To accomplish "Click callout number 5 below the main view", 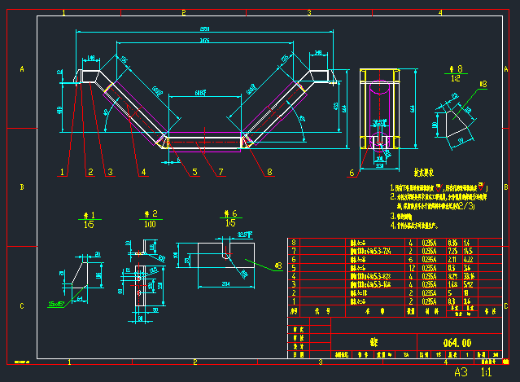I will tap(194, 172).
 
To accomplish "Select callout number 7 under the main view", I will tap(220, 172).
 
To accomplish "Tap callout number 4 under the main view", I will tap(142, 172).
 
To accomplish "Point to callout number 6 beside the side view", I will tap(352, 173).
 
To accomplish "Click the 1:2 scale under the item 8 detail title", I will tap(457, 79).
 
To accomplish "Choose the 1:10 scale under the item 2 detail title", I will tap(151, 222).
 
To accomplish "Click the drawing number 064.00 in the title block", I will tap(458, 341).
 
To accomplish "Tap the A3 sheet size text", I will tap(461, 371).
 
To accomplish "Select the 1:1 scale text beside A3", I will tap(487, 371).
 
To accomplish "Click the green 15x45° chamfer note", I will tap(57, 303).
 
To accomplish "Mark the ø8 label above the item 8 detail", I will tap(483, 84).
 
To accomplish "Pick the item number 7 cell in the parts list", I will tap(294, 251).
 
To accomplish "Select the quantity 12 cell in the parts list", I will tap(410, 266).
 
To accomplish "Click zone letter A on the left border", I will tap(22, 70).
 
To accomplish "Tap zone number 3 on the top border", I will tap(309, 13).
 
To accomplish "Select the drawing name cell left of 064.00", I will tap(374, 341).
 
